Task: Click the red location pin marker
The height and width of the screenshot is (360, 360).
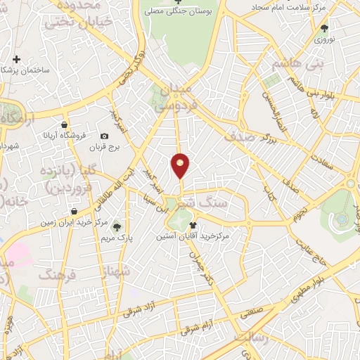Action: click(x=181, y=166)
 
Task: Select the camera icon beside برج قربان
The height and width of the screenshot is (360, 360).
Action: click(x=104, y=136)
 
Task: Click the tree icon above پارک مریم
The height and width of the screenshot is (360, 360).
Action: click(x=117, y=226)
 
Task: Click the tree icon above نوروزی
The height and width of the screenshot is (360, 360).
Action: click(x=324, y=28)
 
